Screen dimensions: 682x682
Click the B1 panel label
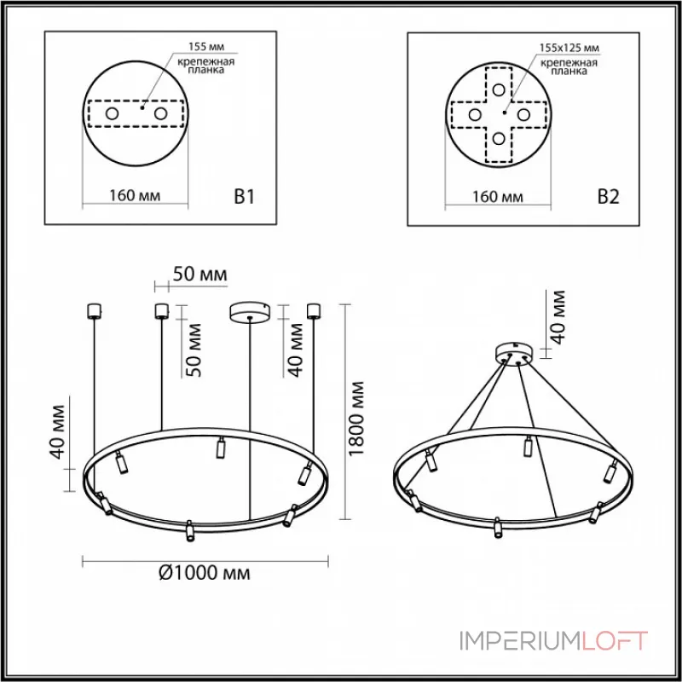click(245, 197)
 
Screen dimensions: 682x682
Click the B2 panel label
click(607, 197)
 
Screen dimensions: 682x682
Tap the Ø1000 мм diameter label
click(205, 573)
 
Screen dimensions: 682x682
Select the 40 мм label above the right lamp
click(558, 316)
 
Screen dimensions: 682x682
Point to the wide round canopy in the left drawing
click(249, 311)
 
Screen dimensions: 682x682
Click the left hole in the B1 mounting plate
click(112, 113)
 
